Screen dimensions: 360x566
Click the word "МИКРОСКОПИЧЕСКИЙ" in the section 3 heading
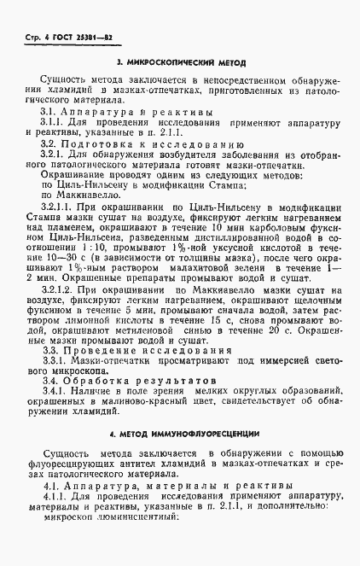[173, 63]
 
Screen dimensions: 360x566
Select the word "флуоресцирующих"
[73, 463]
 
